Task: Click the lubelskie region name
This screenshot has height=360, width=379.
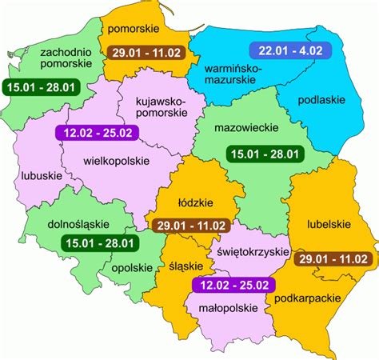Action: point(321,225)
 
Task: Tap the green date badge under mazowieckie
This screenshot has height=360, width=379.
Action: point(264,154)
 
